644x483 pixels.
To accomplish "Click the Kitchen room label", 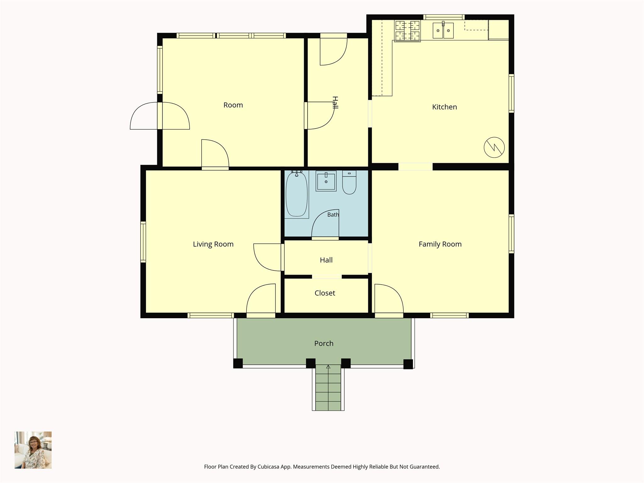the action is pyautogui.click(x=444, y=107).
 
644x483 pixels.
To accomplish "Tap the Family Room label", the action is pyautogui.click(x=440, y=244).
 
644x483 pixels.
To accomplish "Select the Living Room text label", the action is pyautogui.click(x=213, y=244).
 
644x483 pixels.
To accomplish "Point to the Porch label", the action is pyautogui.click(x=324, y=343).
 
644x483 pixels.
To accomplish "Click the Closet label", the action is pyautogui.click(x=325, y=293).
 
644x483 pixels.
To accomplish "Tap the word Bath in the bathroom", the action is pyautogui.click(x=333, y=215).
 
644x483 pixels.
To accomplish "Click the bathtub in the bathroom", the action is pyautogui.click(x=297, y=194).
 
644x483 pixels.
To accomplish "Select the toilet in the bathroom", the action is pyautogui.click(x=349, y=182).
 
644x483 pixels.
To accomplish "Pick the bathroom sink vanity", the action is pyautogui.click(x=326, y=181).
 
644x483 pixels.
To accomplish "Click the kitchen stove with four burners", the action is pyautogui.click(x=408, y=31).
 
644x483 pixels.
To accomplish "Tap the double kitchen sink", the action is pyautogui.click(x=443, y=31).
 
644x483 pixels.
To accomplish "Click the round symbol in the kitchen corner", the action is pyautogui.click(x=494, y=147).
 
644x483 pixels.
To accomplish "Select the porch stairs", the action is pyautogui.click(x=328, y=387).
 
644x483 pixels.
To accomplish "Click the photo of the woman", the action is pyautogui.click(x=33, y=450).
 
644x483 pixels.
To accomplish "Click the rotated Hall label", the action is pyautogui.click(x=335, y=103).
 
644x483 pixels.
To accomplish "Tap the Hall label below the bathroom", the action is pyautogui.click(x=326, y=260).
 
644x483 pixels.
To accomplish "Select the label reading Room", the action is pyautogui.click(x=233, y=105).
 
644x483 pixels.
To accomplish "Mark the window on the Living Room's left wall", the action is pyautogui.click(x=143, y=242).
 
